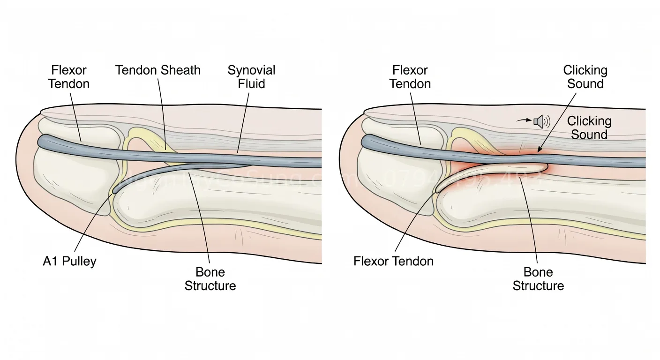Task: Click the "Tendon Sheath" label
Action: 158,70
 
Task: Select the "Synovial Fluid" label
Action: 251,77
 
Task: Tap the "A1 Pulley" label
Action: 69,261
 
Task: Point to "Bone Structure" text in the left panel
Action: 210,279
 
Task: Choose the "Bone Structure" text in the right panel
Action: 538,279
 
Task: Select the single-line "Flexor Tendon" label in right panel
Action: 393,261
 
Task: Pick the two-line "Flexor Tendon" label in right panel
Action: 410,77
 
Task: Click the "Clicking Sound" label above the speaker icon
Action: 585,77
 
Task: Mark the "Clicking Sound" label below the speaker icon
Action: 589,127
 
